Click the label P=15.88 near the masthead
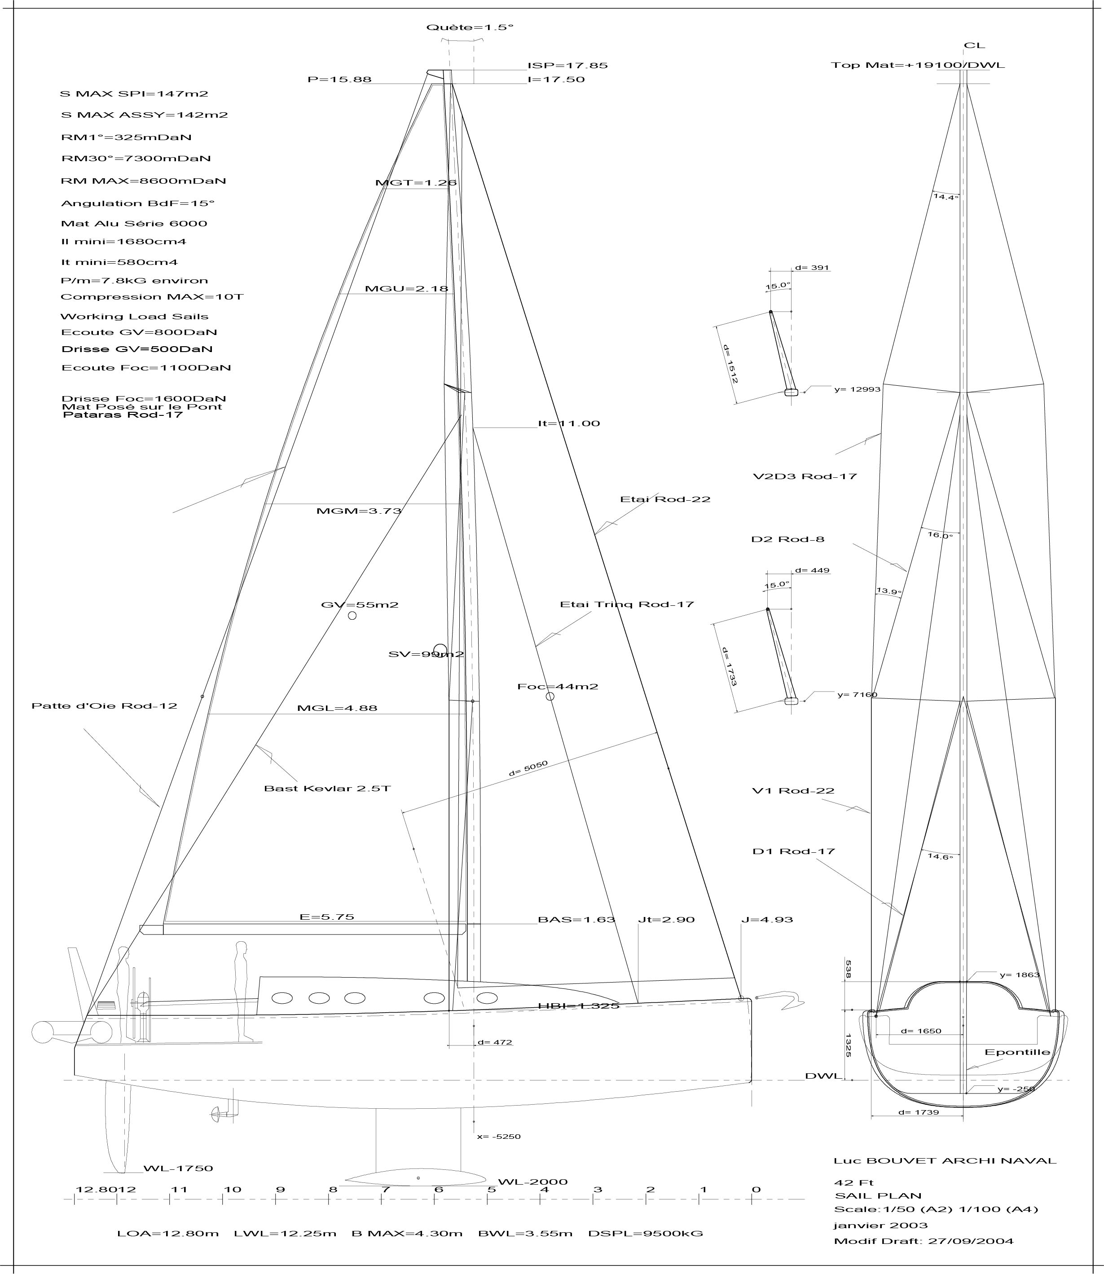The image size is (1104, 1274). (339, 79)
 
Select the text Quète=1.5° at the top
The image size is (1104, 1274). (470, 28)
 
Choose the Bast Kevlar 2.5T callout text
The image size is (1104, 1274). (327, 788)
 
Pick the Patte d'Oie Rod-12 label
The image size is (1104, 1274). (104, 705)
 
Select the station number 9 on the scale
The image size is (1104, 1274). (280, 1189)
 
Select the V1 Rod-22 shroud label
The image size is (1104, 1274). (793, 790)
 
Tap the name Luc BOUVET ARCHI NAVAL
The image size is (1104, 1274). (945, 1161)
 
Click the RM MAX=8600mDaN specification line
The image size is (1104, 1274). (144, 181)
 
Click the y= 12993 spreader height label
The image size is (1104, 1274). (858, 389)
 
